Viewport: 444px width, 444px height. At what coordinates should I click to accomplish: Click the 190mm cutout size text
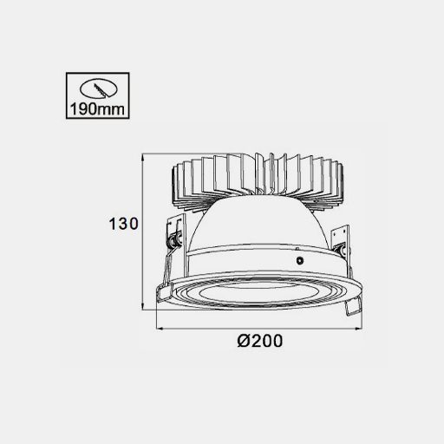pyautogui.click(x=97, y=109)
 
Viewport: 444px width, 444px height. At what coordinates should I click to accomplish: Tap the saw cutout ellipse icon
pyautogui.click(x=99, y=88)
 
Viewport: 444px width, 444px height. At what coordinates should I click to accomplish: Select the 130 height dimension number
pyautogui.click(x=123, y=224)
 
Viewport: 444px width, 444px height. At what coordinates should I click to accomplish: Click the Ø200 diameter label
pyautogui.click(x=259, y=341)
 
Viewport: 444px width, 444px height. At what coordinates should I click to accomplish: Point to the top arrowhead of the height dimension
pyautogui.click(x=142, y=159)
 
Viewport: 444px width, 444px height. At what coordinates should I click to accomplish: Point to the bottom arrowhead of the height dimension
pyautogui.click(x=142, y=305)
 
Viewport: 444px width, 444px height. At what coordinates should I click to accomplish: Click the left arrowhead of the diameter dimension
pyautogui.click(x=161, y=329)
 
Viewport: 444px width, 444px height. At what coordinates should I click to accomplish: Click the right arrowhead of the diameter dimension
pyautogui.click(x=357, y=329)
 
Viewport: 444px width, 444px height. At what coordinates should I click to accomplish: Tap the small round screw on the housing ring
pyautogui.click(x=300, y=260)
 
